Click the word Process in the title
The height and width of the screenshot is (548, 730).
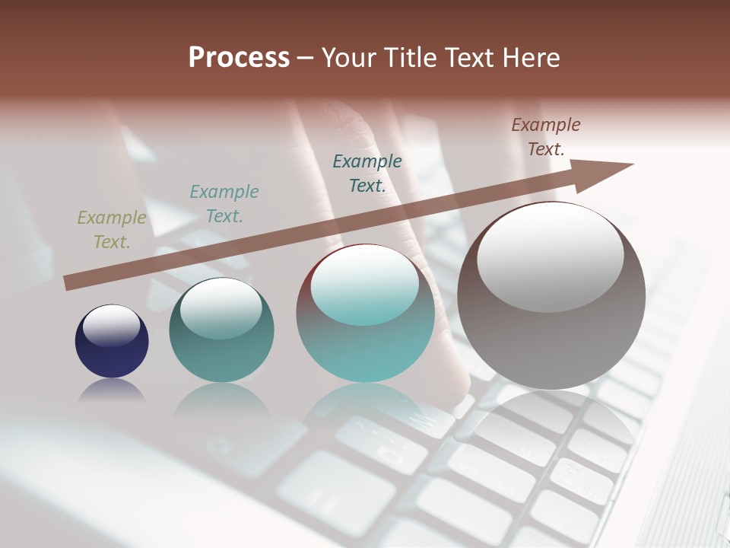pyautogui.click(x=239, y=58)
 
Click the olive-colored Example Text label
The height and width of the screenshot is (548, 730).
pyautogui.click(x=111, y=230)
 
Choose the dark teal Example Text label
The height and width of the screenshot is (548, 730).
pyautogui.click(x=367, y=173)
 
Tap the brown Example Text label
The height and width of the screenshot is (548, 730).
pyautogui.click(x=545, y=137)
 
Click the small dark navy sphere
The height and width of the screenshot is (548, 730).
pyautogui.click(x=112, y=342)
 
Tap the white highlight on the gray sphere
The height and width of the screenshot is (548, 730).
pyautogui.click(x=550, y=255)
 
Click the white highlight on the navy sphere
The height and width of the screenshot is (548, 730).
pyautogui.click(x=112, y=326)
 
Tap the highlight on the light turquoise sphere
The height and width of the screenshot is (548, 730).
pyautogui.click(x=365, y=285)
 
